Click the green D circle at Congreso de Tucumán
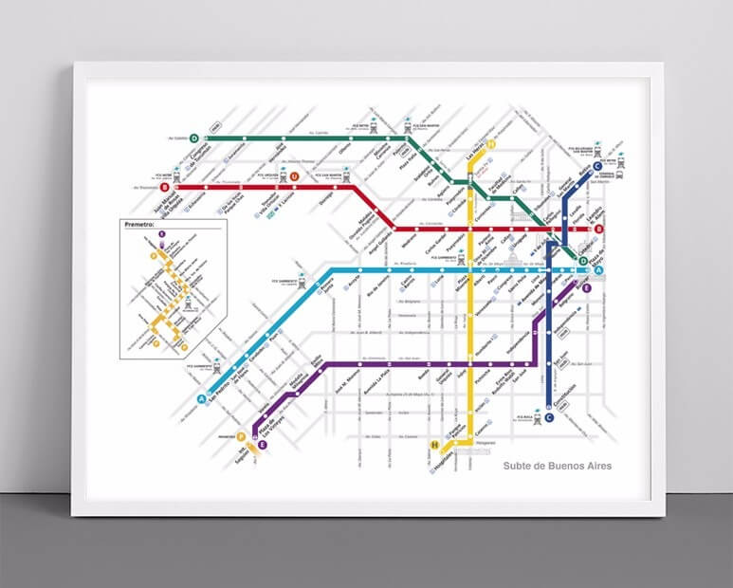tap(194, 138)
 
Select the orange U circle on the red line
tap(295, 177)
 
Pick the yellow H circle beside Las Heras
tap(492, 144)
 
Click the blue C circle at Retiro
tap(596, 169)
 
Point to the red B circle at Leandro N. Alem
tap(598, 230)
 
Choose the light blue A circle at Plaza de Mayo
tap(597, 272)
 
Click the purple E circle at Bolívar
tap(587, 288)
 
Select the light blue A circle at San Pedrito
tap(201, 399)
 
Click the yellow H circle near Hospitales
tap(435, 445)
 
